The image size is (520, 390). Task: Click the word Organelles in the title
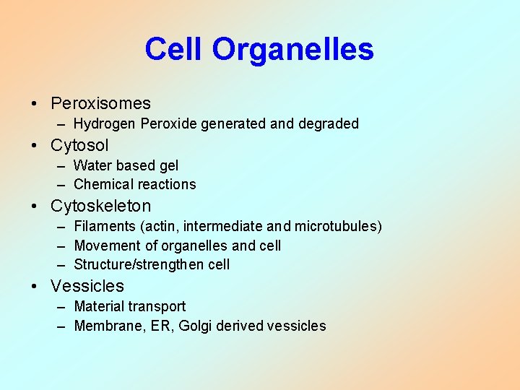[x=292, y=50]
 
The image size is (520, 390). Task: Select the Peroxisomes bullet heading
[x=100, y=103]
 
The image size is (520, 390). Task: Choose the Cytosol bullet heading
[x=79, y=145]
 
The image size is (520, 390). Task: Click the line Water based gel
[x=126, y=166]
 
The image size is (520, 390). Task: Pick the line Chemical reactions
[x=134, y=185]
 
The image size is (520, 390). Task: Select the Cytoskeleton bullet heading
[x=100, y=206]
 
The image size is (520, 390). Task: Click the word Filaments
[x=102, y=227]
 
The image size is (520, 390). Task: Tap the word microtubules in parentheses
[x=339, y=227]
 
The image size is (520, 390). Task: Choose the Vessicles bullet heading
[x=87, y=286]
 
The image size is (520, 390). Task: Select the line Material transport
[x=129, y=306]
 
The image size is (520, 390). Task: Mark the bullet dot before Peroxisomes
[x=35, y=104]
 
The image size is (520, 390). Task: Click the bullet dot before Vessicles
[x=35, y=287]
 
